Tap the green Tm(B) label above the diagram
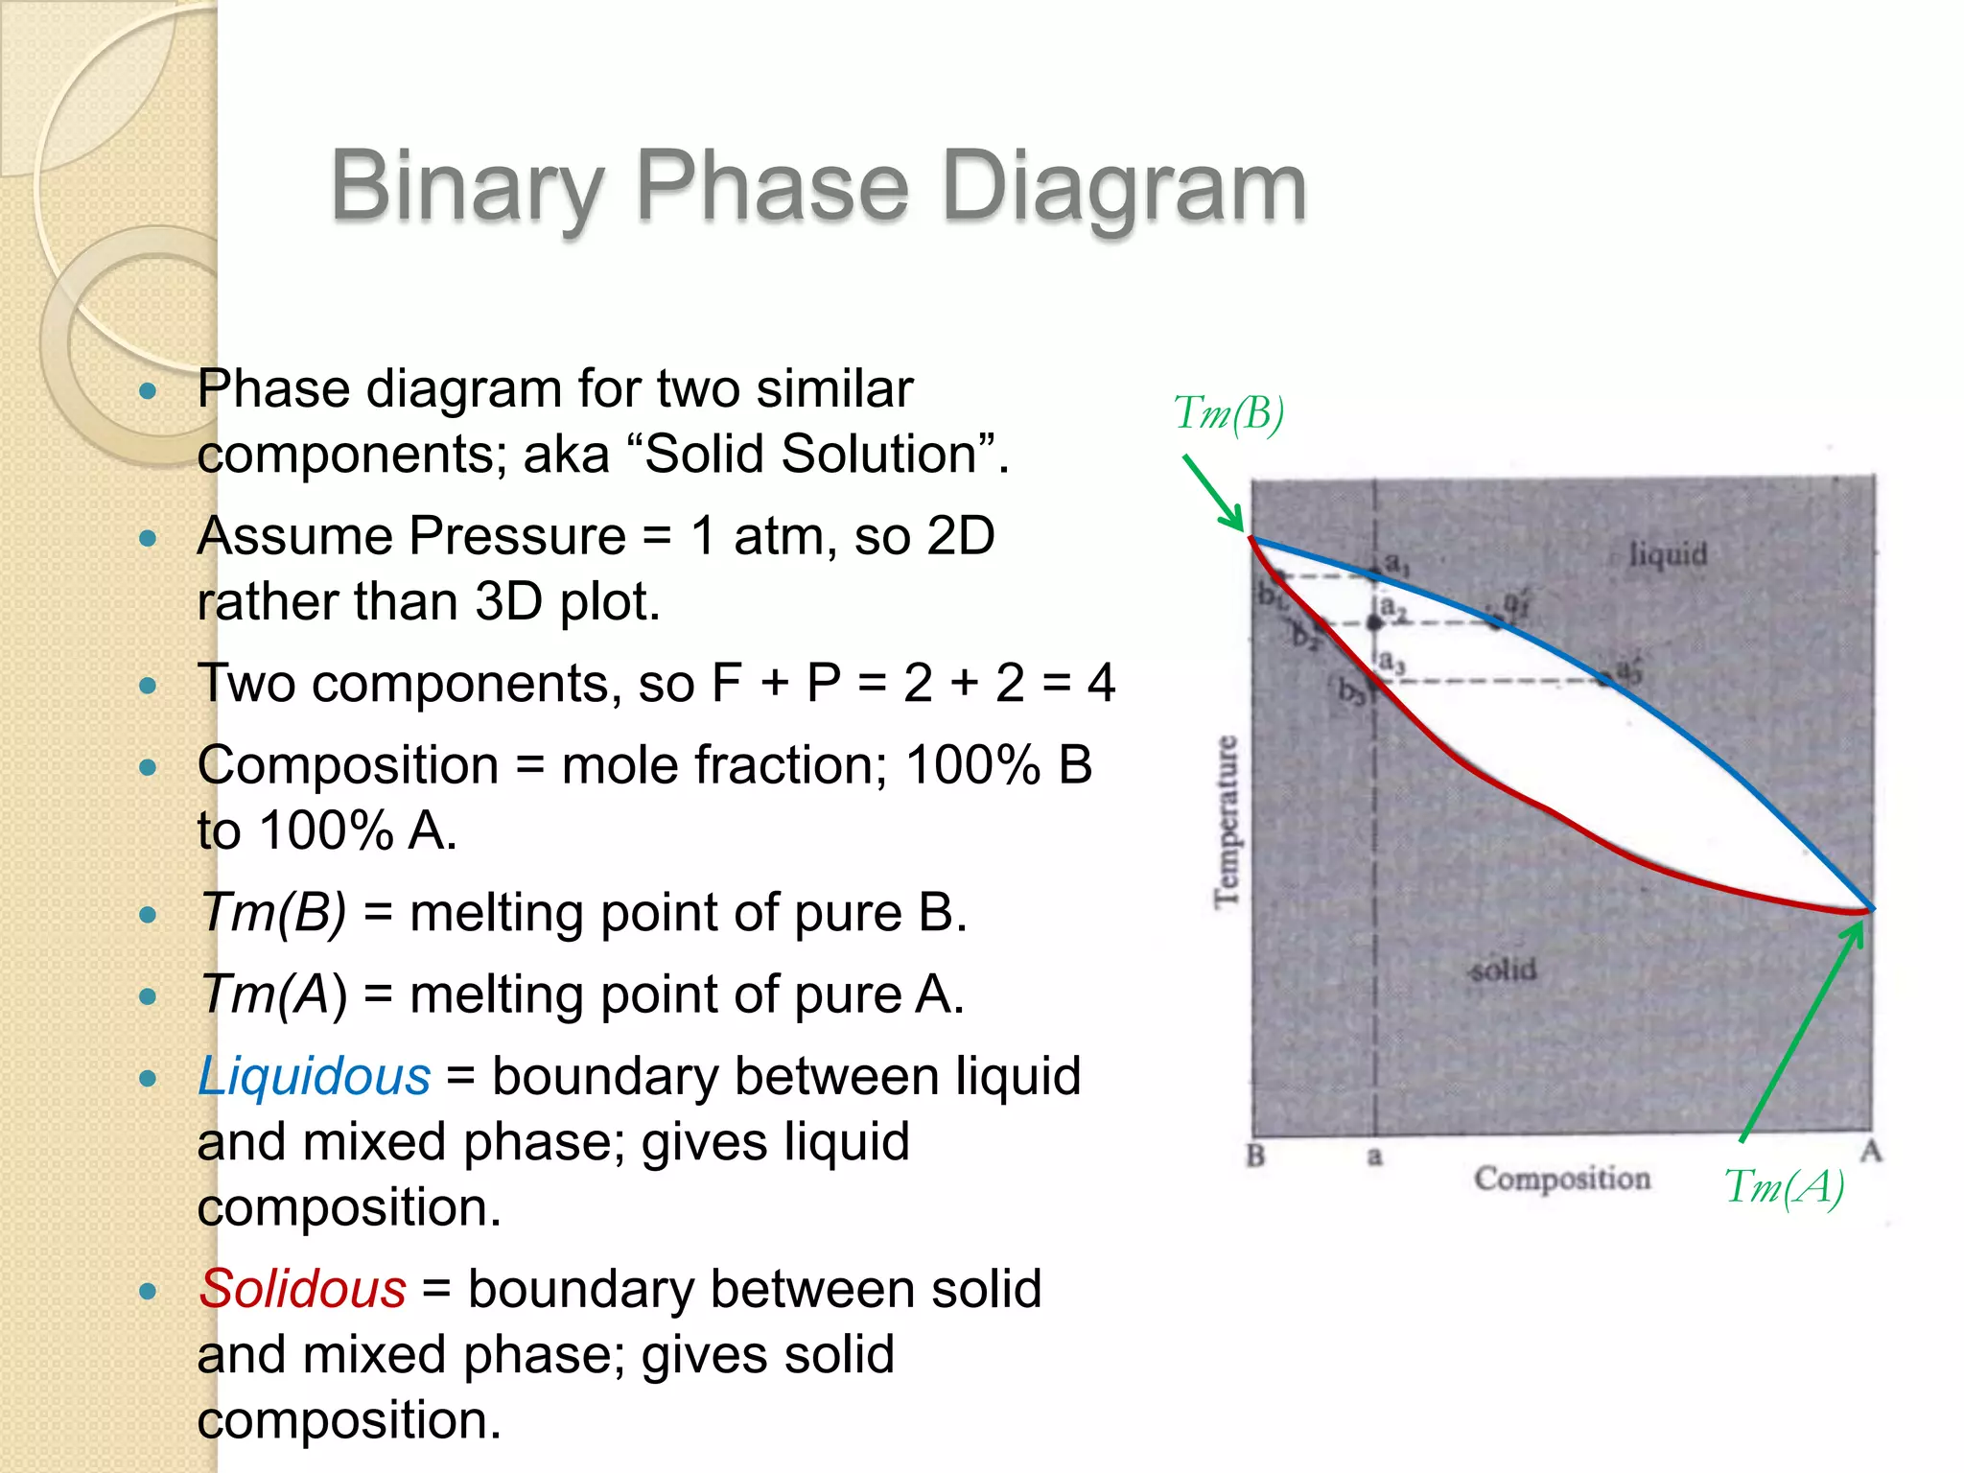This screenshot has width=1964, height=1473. tap(1228, 414)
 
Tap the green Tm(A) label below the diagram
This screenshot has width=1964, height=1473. tap(1784, 1187)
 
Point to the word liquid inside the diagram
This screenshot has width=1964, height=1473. tap(1668, 554)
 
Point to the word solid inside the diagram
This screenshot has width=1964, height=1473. tap(1503, 970)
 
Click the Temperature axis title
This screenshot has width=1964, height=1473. tap(1226, 821)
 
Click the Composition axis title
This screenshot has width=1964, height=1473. tap(1562, 1179)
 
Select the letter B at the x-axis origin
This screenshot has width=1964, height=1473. tap(1255, 1156)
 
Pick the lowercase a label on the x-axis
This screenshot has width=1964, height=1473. tap(1374, 1157)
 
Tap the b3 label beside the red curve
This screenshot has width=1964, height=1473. tap(1350, 690)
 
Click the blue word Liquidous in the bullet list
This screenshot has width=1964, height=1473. tap(315, 1077)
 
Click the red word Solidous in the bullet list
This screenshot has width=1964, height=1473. tap(303, 1289)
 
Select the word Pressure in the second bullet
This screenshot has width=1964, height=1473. tap(518, 536)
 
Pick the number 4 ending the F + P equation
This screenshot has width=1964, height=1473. tap(1101, 684)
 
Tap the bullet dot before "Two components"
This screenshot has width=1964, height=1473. tap(148, 686)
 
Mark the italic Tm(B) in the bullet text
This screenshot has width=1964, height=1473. tap(272, 913)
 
